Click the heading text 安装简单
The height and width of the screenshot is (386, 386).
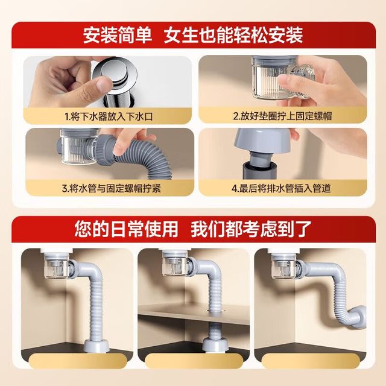117,36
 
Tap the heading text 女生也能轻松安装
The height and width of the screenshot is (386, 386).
233,36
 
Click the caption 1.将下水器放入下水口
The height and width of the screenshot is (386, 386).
109,116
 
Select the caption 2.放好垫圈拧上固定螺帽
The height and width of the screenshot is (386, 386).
283,116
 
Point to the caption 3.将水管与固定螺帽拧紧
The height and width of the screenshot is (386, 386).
112,189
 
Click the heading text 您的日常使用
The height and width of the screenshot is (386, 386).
126,229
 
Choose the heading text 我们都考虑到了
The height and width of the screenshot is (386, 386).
251,229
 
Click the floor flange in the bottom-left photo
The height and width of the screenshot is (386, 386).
96,344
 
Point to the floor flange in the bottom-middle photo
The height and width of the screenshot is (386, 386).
215,344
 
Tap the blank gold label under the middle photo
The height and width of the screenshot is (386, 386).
194,361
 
